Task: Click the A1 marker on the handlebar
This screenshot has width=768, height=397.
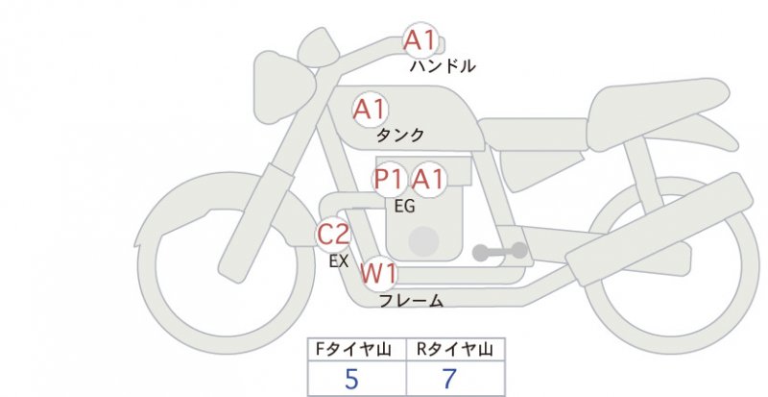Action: click(420, 40)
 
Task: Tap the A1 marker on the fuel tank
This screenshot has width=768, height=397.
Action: click(370, 110)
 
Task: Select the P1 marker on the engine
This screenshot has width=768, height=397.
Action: click(390, 179)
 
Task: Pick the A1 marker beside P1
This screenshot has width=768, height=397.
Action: click(428, 179)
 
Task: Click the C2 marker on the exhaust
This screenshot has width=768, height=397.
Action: click(333, 235)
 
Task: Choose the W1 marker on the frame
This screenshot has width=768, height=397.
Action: click(378, 274)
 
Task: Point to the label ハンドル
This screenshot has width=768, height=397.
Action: click(443, 66)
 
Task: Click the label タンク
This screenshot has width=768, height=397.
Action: click(399, 135)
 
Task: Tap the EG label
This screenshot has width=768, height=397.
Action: click(404, 207)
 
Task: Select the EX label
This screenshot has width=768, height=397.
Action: click(339, 261)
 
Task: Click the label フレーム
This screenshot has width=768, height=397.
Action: click(412, 301)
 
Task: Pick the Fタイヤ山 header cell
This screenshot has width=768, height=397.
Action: click(357, 349)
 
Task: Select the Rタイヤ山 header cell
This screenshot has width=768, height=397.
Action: click(455, 349)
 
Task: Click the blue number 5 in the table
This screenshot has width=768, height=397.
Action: click(351, 379)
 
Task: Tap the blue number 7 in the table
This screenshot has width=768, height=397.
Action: click(448, 379)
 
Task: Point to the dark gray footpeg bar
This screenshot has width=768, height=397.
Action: click(499, 252)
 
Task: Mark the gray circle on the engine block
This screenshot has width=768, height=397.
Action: click(423, 241)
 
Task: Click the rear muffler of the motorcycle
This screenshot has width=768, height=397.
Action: click(660, 223)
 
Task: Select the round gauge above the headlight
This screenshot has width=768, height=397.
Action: click(319, 48)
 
